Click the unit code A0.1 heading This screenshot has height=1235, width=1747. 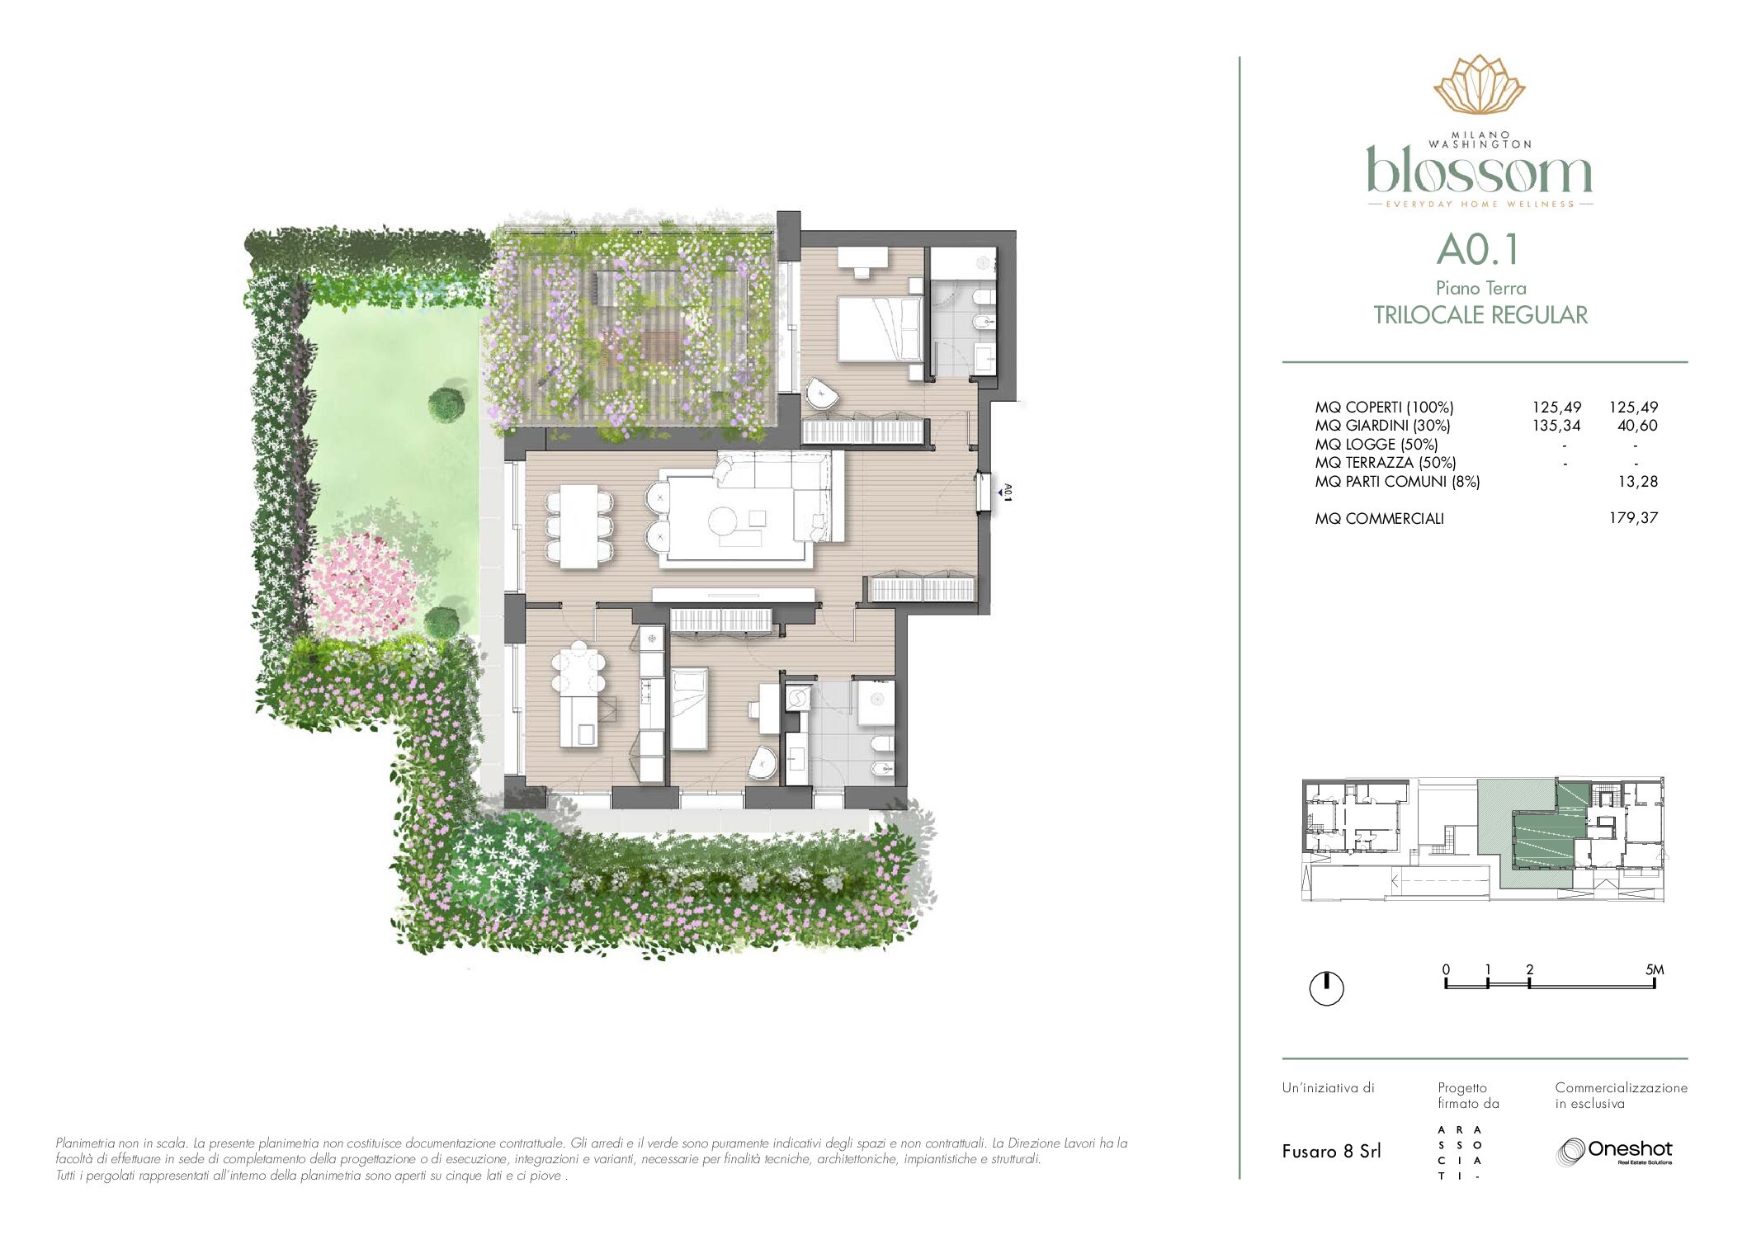click(1478, 250)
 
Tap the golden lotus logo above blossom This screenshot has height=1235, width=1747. click(1480, 84)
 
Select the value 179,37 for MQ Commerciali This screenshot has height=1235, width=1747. click(1633, 518)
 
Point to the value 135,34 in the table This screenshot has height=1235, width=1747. click(1556, 426)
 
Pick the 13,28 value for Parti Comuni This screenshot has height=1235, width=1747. click(1638, 482)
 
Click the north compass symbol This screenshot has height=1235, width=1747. click(1327, 988)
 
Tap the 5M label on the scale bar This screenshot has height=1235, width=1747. click(1655, 970)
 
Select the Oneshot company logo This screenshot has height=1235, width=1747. click(1614, 1152)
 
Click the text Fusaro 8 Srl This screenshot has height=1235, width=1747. click(1331, 1152)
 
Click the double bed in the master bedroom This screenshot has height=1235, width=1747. click(881, 328)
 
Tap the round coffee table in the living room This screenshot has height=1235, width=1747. click(724, 521)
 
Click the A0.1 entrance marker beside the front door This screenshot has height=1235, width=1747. click(1006, 492)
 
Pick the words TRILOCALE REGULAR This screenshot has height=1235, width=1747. click(1480, 315)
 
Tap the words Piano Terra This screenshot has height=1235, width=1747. click(1480, 288)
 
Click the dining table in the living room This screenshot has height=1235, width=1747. click(579, 526)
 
